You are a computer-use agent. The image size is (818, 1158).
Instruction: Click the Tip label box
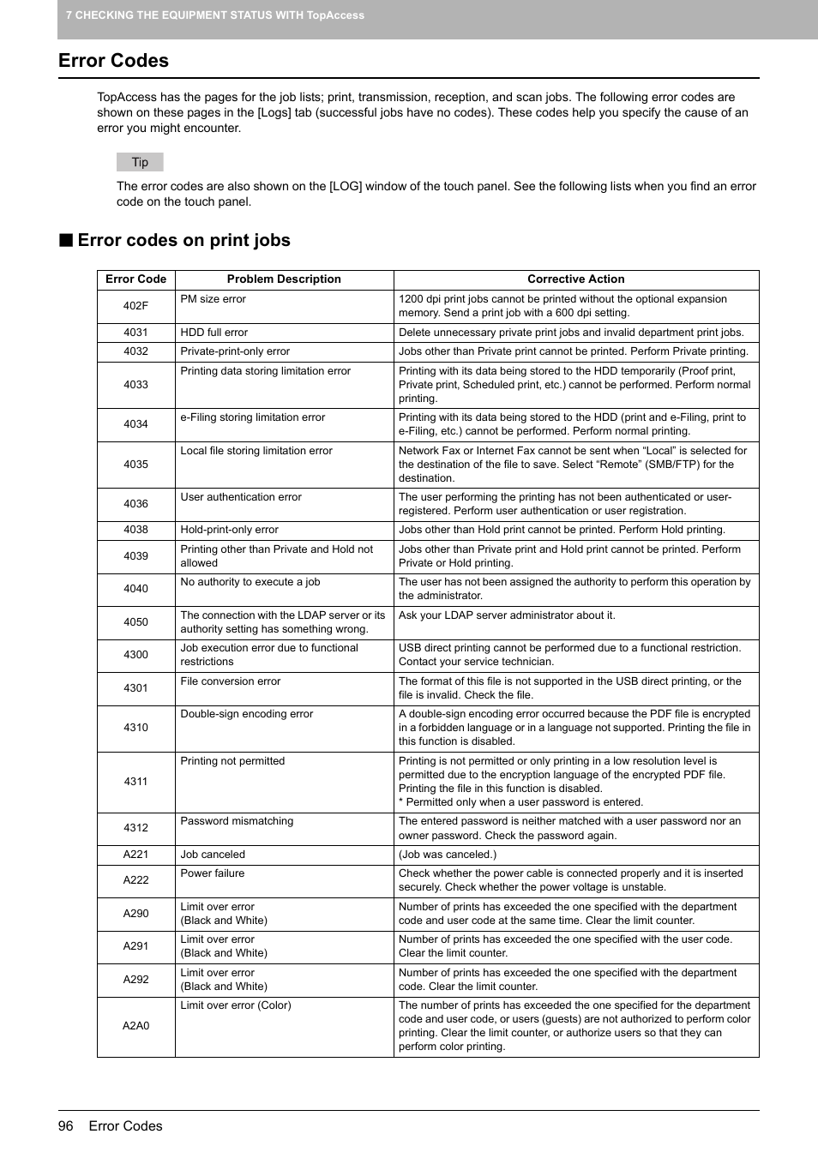[140, 162]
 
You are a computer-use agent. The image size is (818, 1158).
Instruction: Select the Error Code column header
[135, 279]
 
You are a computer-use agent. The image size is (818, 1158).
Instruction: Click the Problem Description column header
[284, 279]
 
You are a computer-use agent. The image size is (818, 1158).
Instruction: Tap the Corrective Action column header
[575, 279]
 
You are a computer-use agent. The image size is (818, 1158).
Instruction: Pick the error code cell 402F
[135, 306]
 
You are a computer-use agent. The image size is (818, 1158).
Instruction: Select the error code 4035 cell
[135, 465]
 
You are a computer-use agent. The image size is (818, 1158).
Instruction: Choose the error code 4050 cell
[135, 622]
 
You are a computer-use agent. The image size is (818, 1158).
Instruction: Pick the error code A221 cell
[135, 855]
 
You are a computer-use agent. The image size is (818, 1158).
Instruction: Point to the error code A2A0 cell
[135, 1026]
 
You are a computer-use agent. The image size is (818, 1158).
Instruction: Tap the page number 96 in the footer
[66, 1126]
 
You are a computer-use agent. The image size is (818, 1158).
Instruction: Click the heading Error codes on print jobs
[183, 241]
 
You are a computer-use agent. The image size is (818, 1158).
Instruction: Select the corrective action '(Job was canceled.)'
[448, 855]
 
